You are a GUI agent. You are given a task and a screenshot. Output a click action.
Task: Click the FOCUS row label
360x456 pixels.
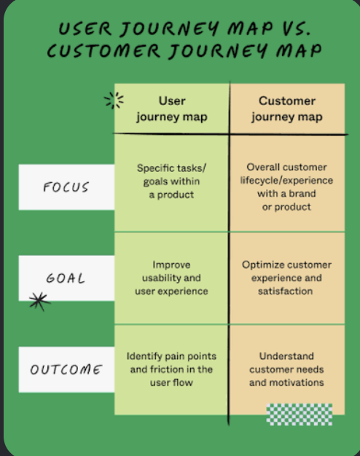tap(66, 187)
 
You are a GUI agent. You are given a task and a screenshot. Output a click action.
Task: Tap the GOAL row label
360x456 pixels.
tap(66, 278)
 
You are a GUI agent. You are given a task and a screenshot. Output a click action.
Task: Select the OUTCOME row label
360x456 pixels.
tap(66, 369)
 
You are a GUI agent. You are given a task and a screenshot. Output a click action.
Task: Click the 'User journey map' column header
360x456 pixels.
tap(172, 109)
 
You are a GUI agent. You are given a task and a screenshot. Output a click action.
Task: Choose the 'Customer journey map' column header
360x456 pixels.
tap(287, 109)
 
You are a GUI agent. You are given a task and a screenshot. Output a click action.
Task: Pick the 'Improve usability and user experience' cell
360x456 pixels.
tap(171, 278)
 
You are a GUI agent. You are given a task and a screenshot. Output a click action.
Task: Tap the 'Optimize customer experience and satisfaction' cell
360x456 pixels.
tap(286, 278)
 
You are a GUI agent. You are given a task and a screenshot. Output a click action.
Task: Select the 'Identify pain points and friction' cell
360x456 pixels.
tap(171, 369)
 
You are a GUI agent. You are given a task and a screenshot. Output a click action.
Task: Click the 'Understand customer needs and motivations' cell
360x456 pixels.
tap(286, 369)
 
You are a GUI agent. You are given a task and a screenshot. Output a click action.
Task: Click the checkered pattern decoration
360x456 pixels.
tap(300, 414)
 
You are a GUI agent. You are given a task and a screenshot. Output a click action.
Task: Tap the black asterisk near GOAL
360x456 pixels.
tap(39, 302)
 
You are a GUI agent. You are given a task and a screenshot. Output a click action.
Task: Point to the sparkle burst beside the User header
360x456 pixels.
tap(114, 101)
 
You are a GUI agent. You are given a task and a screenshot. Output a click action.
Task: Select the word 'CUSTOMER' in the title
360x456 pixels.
tap(103, 50)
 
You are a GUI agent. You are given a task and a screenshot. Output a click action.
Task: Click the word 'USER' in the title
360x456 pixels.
tap(85, 28)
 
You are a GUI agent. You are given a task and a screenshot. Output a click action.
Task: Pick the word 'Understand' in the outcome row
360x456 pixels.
tap(286, 356)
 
